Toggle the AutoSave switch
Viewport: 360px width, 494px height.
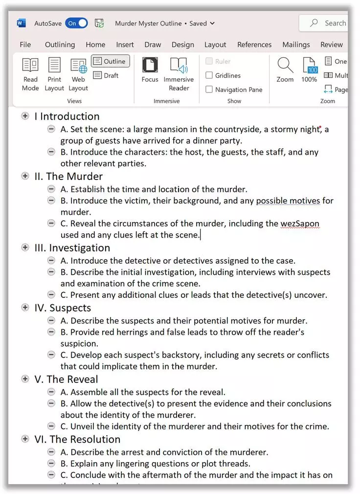pyautogui.click(x=76, y=23)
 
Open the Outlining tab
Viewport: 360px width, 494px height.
pyautogui.click(x=60, y=45)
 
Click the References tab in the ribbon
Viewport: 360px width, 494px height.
pyautogui.click(x=254, y=45)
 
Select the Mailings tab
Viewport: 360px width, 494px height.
pyautogui.click(x=296, y=45)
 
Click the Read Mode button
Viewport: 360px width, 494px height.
pyautogui.click(x=30, y=74)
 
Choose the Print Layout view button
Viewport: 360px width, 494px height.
pyautogui.click(x=54, y=74)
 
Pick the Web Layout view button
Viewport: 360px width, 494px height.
pyautogui.click(x=78, y=74)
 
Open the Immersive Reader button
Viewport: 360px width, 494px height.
pyautogui.click(x=179, y=74)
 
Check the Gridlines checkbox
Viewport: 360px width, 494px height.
pyautogui.click(x=209, y=75)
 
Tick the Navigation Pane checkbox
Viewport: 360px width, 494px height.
pyautogui.click(x=209, y=90)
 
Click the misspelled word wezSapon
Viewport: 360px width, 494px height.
pyautogui.click(x=299, y=224)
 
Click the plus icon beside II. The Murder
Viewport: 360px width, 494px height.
pyautogui.click(x=25, y=176)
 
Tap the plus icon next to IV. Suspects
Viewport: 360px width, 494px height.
pyautogui.click(x=25, y=307)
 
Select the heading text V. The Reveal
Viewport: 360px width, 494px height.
pyautogui.click(x=66, y=380)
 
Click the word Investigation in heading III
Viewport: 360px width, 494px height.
pyautogui.click(x=79, y=248)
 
